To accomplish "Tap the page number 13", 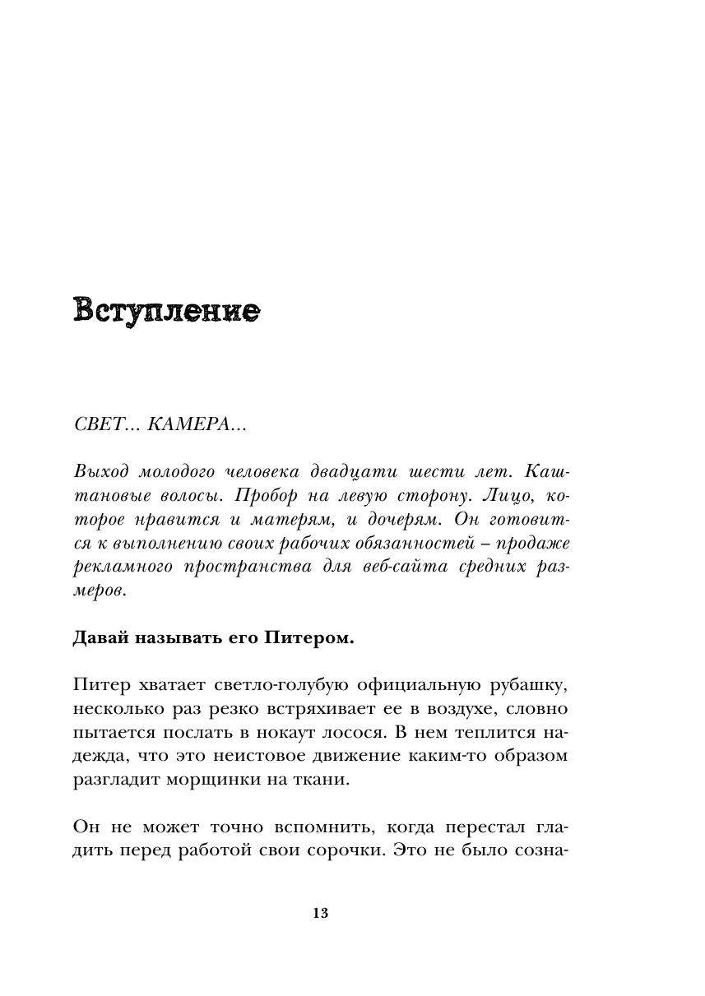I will tap(321, 913).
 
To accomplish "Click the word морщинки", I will tap(209, 779).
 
